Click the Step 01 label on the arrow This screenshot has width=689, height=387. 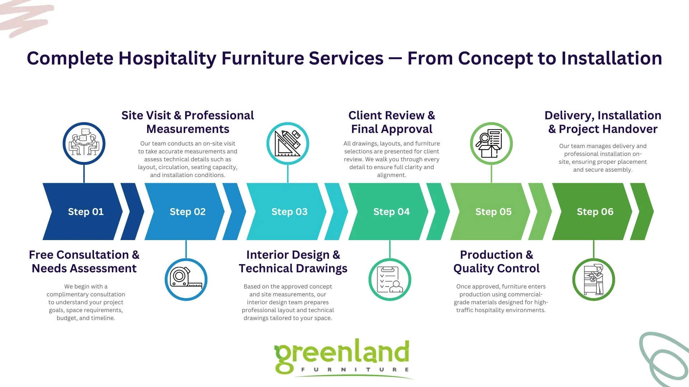[x=86, y=212]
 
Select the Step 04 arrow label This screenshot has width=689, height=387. [x=391, y=212]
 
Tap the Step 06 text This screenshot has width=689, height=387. [x=595, y=212]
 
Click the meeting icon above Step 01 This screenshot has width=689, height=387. [x=84, y=144]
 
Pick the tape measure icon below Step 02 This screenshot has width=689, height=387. [x=186, y=279]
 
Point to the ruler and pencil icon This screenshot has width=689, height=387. [x=288, y=144]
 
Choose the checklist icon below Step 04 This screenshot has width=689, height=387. [x=390, y=279]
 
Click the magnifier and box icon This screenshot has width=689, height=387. [x=491, y=144]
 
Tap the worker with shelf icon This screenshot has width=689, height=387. [x=594, y=279]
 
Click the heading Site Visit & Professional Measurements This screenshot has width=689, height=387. [x=187, y=122]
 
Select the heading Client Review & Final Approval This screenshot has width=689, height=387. [x=392, y=122]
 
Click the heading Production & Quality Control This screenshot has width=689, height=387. [x=496, y=262]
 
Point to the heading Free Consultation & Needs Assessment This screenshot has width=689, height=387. [x=84, y=262]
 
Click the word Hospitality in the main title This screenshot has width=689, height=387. [x=167, y=58]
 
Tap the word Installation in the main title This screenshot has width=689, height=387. [x=611, y=58]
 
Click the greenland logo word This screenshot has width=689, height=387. [x=342, y=353]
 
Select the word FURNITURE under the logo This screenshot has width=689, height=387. [x=355, y=369]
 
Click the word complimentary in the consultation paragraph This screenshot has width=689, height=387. [x=66, y=294]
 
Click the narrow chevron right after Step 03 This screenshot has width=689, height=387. [x=336, y=211]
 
